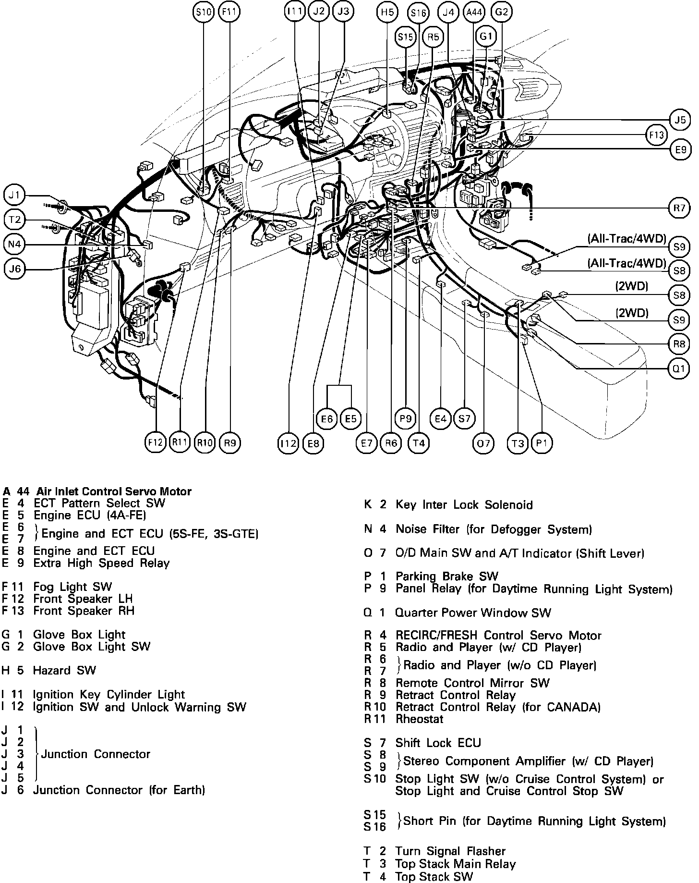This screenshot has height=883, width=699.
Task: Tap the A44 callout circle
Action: pos(474,12)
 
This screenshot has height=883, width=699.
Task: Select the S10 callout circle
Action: pos(204,12)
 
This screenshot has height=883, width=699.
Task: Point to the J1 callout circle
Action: pos(14,196)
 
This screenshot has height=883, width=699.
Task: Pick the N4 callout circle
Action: pos(14,245)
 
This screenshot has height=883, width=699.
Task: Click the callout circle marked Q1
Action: pos(679,368)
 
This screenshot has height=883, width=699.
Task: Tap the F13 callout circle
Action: pos(656,135)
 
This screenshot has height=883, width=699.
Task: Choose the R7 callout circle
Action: pos(679,208)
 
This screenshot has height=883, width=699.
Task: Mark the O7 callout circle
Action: pos(482,443)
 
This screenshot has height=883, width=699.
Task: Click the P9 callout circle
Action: pos(406,419)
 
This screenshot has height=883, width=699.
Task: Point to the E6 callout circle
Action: pos(327,419)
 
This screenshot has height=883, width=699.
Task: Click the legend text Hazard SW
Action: pos(64,670)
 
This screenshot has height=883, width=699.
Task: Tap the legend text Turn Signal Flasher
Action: pos(450,851)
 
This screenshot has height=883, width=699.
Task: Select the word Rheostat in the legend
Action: pos(419,719)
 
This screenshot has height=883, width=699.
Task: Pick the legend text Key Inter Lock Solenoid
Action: pos(464,505)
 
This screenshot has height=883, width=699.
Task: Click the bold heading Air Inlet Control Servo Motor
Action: pos(114,491)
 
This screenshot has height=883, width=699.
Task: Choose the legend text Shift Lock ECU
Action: pos(438,743)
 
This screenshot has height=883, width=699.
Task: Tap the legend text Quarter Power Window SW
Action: pos(473,613)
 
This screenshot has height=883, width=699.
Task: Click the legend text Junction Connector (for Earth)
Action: pos(119,790)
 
